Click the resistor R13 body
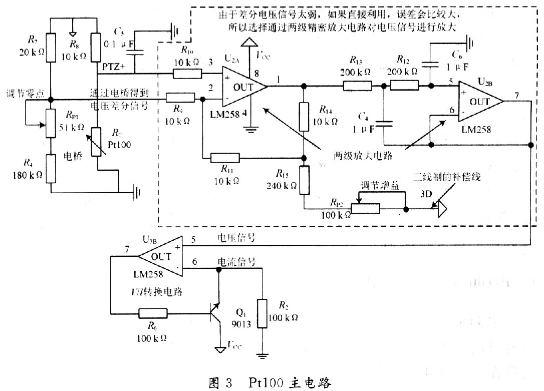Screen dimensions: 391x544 [358, 86]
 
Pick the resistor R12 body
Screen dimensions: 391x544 [404, 86]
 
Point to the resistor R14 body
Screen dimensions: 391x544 [304, 117]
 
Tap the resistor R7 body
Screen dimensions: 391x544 [50, 48]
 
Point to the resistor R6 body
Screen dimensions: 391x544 [153, 314]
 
